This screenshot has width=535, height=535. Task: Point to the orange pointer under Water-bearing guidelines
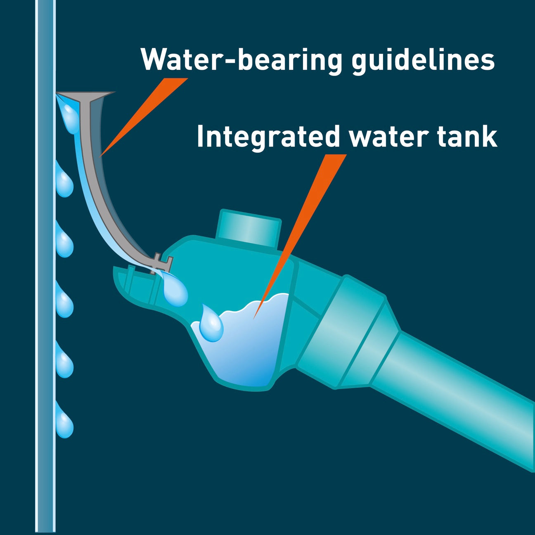pyautogui.click(x=140, y=118)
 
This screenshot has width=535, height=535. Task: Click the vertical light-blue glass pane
pyautogui.click(x=45, y=289)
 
